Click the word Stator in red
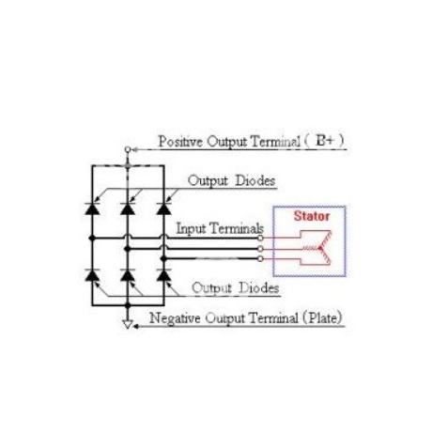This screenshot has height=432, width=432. click(312, 216)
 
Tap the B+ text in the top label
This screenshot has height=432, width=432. click(325, 141)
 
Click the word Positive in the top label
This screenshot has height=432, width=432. click(180, 142)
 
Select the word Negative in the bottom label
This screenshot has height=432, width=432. click(175, 318)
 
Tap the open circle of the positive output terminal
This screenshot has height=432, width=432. click(128, 149)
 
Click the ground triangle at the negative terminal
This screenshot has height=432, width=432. click(128, 324)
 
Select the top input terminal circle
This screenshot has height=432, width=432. click(260, 239)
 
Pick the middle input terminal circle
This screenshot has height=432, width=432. click(260, 249)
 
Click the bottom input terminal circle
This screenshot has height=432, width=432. click(260, 259)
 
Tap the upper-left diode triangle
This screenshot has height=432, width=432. click(92, 209)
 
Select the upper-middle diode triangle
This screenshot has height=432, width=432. click(128, 209)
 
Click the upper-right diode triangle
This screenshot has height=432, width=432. click(163, 209)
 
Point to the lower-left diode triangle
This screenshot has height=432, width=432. click(92, 276)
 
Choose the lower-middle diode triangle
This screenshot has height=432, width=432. click(128, 276)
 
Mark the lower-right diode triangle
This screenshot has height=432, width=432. click(163, 276)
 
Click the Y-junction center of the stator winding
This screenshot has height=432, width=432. click(320, 248)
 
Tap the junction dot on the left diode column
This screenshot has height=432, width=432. click(92, 239)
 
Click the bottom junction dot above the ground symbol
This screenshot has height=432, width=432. click(128, 305)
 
